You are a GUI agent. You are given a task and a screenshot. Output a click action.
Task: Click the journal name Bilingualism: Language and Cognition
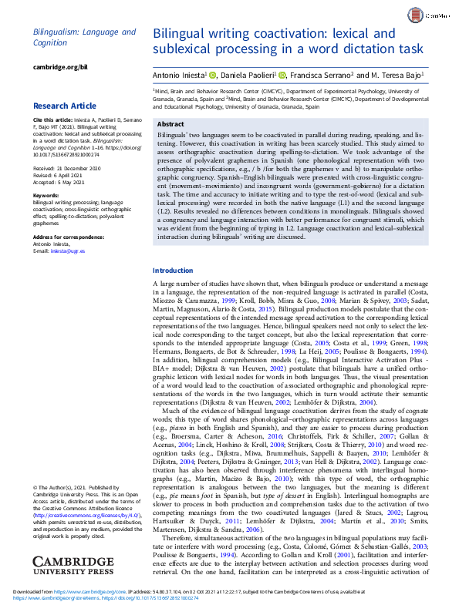click(84, 38)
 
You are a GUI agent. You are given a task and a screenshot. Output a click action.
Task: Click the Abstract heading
click(170, 124)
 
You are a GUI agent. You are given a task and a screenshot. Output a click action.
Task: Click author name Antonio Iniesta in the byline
click(177, 75)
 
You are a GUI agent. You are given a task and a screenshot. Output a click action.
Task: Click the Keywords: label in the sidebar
click(49, 197)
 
